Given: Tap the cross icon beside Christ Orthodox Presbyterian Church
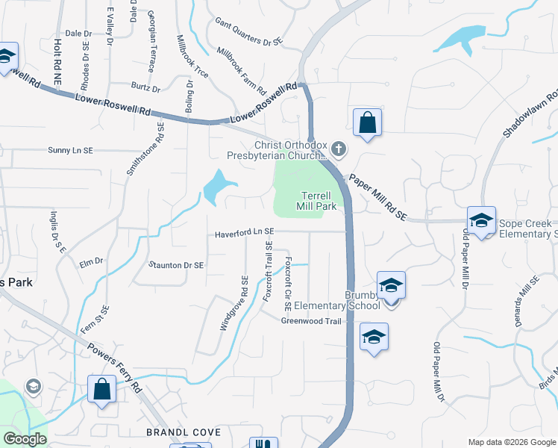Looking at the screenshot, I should point(339,150).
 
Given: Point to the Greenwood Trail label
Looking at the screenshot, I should point(310,321).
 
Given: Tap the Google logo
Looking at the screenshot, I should point(25,439).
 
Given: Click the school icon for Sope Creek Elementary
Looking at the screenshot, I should point(481,220).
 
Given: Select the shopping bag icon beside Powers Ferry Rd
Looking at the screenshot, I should point(101,389).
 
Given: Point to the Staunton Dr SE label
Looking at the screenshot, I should point(176,264).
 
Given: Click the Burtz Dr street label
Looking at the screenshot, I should point(145,88).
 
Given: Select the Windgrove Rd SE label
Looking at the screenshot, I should point(233,302).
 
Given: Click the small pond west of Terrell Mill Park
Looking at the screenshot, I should point(219,186).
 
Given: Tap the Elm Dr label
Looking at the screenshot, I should point(91,261).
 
